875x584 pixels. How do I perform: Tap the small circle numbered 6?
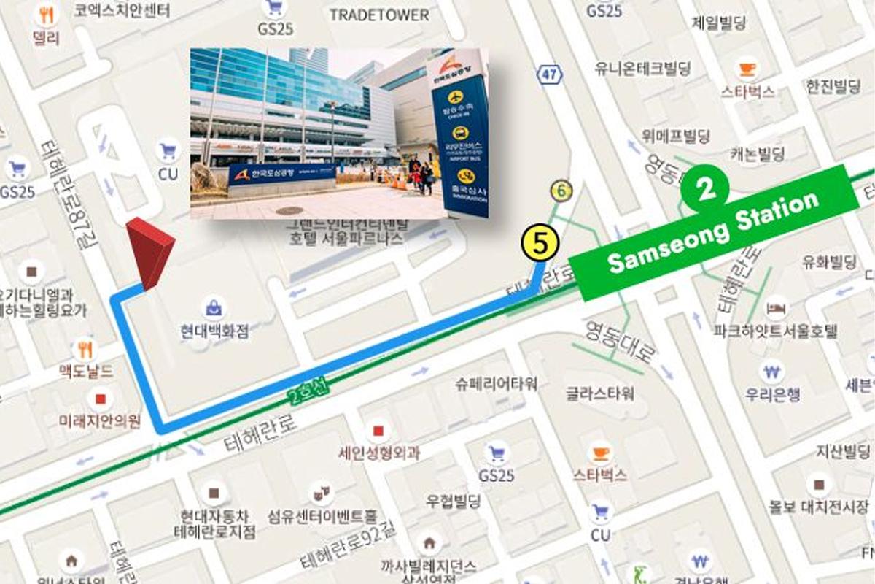point(561,191)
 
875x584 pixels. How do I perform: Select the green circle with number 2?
point(704,189)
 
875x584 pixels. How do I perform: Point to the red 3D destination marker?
point(150,252)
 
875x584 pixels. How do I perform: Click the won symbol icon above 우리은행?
point(771,371)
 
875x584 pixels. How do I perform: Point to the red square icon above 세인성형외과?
point(378,431)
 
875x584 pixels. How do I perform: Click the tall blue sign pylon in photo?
point(459,139)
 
